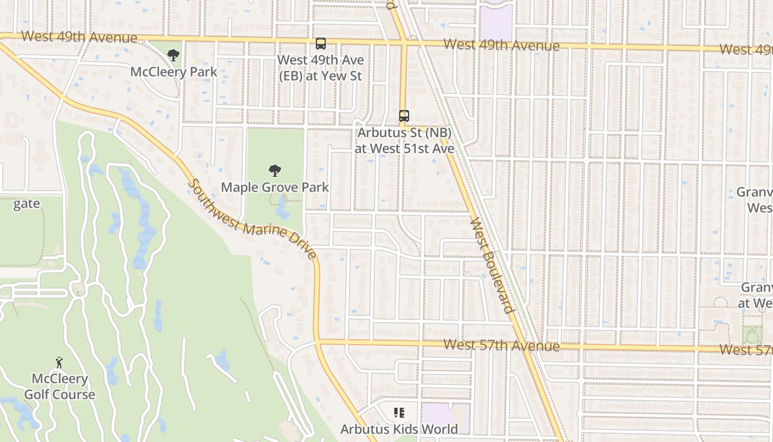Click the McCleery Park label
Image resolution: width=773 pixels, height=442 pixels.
click(x=174, y=72)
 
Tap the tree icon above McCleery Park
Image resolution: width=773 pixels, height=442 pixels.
click(x=173, y=55)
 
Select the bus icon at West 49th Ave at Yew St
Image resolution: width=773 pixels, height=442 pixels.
click(x=320, y=44)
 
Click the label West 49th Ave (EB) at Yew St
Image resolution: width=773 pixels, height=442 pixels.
click(x=320, y=68)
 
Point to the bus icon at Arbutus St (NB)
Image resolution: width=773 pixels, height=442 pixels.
click(x=404, y=116)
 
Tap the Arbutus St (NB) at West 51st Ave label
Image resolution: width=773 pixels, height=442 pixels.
click(x=405, y=141)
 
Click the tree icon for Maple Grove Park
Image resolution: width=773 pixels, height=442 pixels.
click(x=274, y=171)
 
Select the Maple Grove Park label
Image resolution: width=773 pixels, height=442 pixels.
click(x=275, y=187)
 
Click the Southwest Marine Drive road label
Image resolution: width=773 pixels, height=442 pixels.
click(x=252, y=219)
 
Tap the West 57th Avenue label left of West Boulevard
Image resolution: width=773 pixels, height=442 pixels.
click(x=501, y=345)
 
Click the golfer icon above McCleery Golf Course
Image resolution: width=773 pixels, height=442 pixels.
click(x=60, y=362)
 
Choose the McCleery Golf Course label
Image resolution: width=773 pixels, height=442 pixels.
click(x=60, y=387)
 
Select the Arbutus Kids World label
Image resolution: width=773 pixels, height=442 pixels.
click(x=399, y=429)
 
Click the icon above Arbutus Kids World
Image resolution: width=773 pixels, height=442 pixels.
click(x=399, y=412)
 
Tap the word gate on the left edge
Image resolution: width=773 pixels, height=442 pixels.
click(x=27, y=204)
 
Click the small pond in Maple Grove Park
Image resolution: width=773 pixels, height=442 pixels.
click(x=282, y=209)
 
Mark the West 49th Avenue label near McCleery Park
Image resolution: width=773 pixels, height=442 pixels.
click(x=79, y=37)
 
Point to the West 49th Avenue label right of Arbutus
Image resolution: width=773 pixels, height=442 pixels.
click(x=501, y=45)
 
